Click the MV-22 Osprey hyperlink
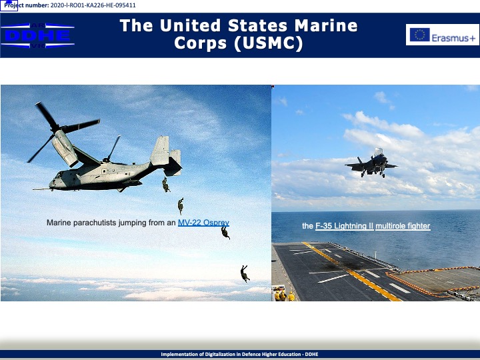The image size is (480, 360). (x=203, y=223)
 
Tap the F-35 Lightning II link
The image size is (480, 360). (x=345, y=226)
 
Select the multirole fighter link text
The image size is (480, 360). (x=403, y=226)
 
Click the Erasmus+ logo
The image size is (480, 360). (x=443, y=35)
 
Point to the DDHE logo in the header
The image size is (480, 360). (x=37, y=35)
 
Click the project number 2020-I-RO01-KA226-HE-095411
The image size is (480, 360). (x=93, y=5)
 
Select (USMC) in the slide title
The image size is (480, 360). (x=269, y=43)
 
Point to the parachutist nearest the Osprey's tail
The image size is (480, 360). (x=166, y=185)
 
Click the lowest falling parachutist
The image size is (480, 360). (x=245, y=273)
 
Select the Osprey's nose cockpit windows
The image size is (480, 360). (x=59, y=175)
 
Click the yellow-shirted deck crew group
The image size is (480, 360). (x=285, y=295)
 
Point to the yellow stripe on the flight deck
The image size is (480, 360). (x=351, y=271)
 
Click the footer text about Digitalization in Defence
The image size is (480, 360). (x=240, y=354)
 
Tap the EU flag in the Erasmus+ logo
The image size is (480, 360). (x=420, y=35)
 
